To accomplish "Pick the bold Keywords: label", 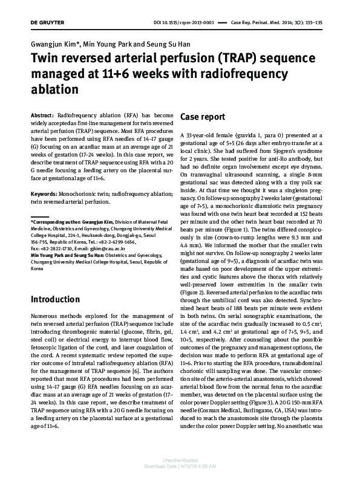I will point(45,177).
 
